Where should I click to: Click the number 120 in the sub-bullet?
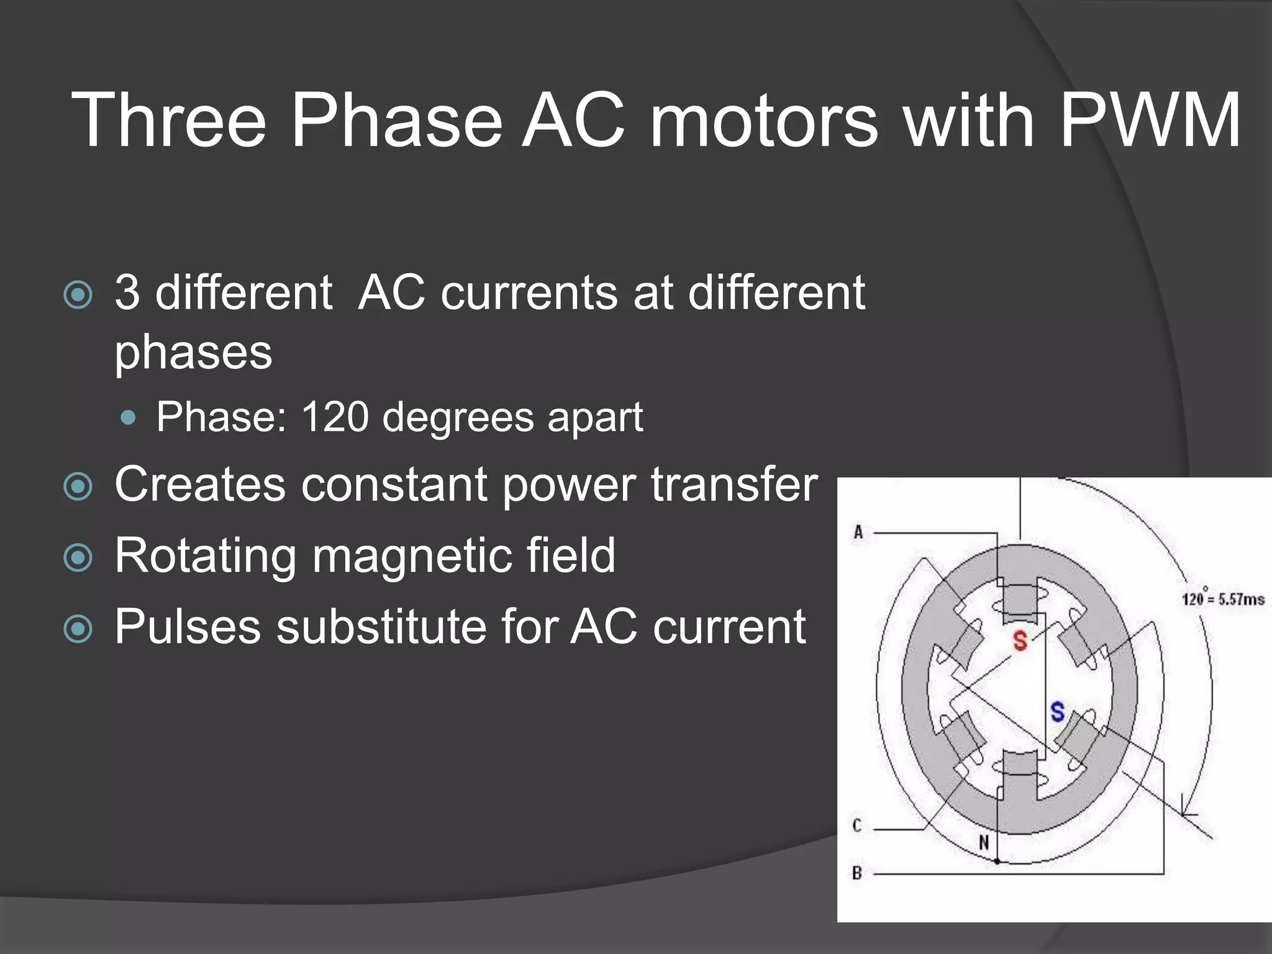pyautogui.click(x=335, y=417)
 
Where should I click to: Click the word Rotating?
pyautogui.click(x=206, y=556)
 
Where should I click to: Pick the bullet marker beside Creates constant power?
pyautogui.click(x=78, y=486)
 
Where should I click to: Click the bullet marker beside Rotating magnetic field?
pyautogui.click(x=78, y=558)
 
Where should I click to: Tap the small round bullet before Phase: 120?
pyautogui.click(x=129, y=418)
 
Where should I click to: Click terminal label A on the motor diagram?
pyautogui.click(x=858, y=532)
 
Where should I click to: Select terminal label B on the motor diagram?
pyautogui.click(x=857, y=873)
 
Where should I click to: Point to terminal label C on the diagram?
pyautogui.click(x=857, y=825)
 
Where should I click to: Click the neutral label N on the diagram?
pyautogui.click(x=984, y=843)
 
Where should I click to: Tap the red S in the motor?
pyautogui.click(x=1020, y=640)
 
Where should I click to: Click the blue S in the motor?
pyautogui.click(x=1057, y=711)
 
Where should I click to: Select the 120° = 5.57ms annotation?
pyautogui.click(x=1222, y=598)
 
